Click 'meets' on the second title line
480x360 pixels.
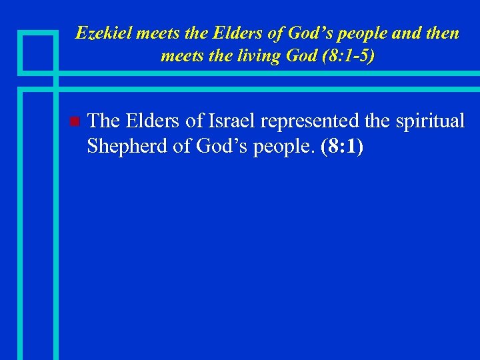180,56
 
